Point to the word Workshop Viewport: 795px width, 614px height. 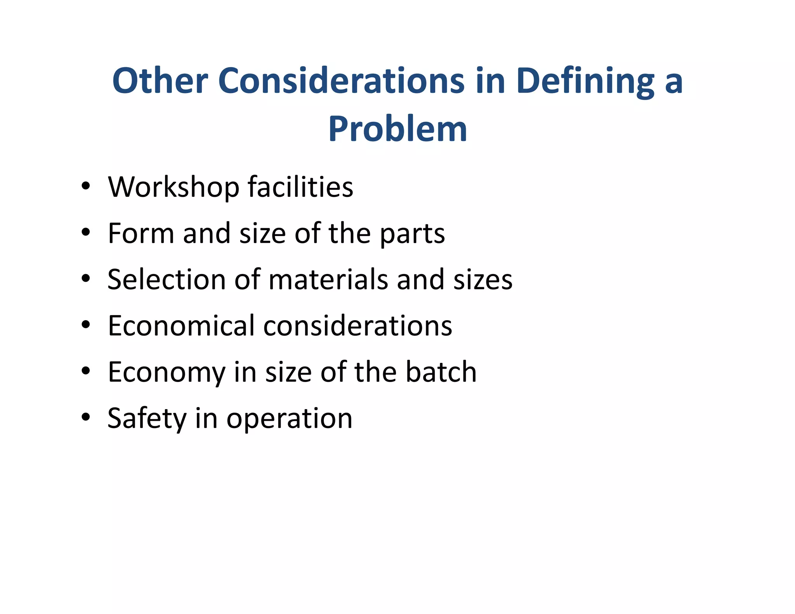click(174, 187)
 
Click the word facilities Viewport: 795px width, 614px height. click(300, 187)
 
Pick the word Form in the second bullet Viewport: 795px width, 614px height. click(141, 233)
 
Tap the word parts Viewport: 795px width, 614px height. click(412, 234)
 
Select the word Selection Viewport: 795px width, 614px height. click(167, 279)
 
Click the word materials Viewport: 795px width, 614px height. click(328, 279)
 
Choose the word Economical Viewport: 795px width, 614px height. click(181, 326)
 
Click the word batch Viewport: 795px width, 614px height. click(441, 372)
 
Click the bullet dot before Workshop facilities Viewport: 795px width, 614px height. click(86, 186)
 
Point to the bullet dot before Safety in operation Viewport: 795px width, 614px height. click(86, 417)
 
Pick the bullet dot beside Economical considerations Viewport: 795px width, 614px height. click(86, 325)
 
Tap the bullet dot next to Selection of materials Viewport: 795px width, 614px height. click(86, 278)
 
